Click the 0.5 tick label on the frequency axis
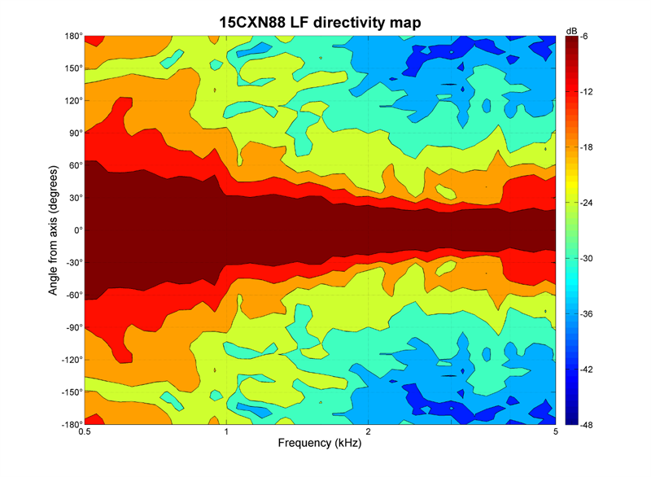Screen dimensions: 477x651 tap(84, 433)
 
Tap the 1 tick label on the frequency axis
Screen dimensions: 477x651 tap(226, 433)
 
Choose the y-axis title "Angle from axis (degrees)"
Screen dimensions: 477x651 tap(54, 230)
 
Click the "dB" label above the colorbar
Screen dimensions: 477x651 tap(571, 30)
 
